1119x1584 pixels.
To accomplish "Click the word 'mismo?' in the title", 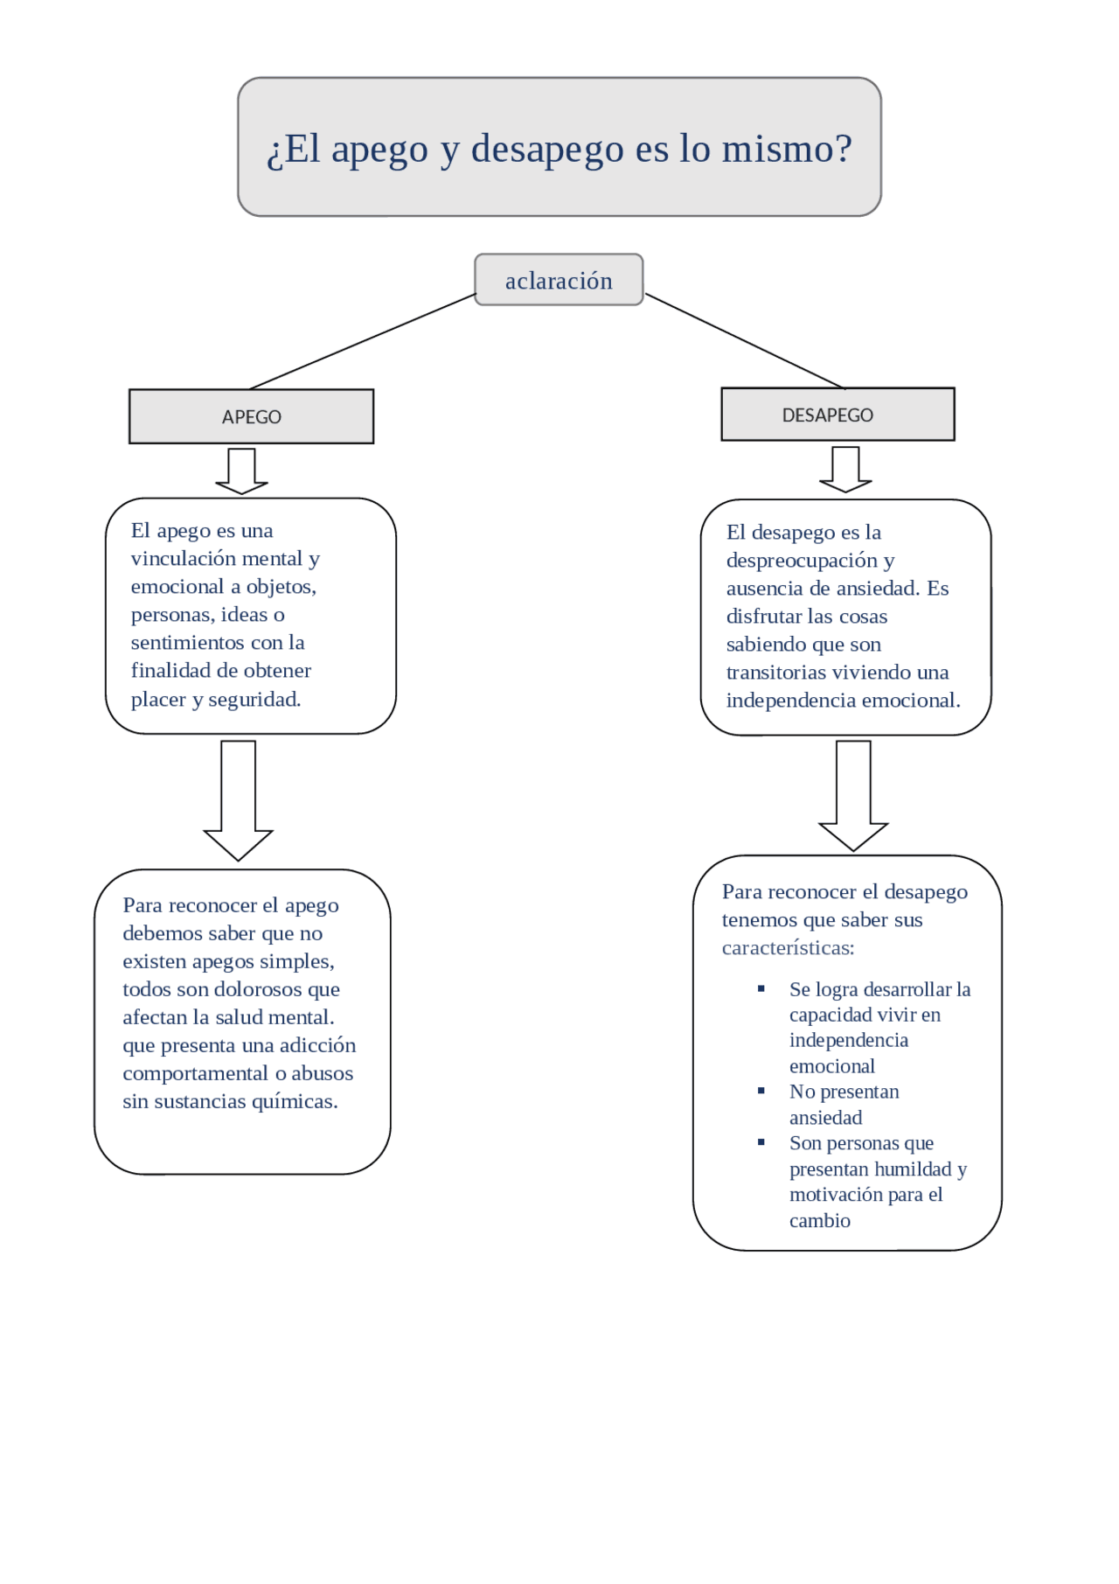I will click(786, 149).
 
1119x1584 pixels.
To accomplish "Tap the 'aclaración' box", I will click(559, 281).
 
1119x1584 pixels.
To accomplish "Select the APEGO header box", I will click(251, 416).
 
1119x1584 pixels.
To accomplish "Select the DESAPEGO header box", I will click(837, 415).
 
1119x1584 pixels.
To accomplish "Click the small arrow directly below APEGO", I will click(241, 471).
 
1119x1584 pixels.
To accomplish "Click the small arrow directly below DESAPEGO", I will click(845, 470).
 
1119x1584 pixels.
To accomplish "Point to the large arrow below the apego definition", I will click(239, 800).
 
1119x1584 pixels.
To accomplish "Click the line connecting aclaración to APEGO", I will click(363, 341).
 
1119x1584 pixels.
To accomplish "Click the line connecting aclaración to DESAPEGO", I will click(745, 341).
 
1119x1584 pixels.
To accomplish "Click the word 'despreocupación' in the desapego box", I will click(802, 561).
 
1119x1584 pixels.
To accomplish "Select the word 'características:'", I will click(788, 948).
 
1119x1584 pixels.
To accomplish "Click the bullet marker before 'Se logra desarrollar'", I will click(761, 989).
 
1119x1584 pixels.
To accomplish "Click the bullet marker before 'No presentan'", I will click(761, 1092).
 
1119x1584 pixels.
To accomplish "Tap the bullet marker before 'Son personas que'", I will click(761, 1142).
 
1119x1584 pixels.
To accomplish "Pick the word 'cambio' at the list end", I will click(819, 1221).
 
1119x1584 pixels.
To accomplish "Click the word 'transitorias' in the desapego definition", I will click(775, 673).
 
